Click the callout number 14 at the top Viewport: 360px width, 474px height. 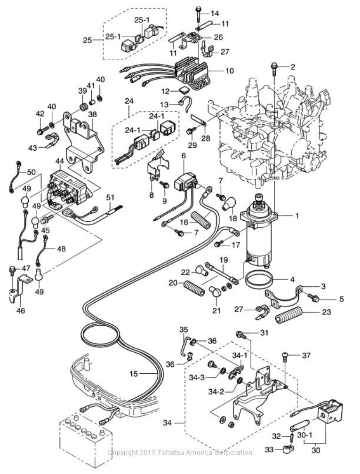[215, 13]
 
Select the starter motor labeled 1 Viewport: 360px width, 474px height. [258, 231]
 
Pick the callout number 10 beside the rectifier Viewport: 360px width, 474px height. [230, 71]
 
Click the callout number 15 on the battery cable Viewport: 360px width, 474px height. [134, 374]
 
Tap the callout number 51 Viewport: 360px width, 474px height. [110, 197]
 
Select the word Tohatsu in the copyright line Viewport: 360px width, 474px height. [172, 452]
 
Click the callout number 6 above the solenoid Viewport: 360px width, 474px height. [184, 155]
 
